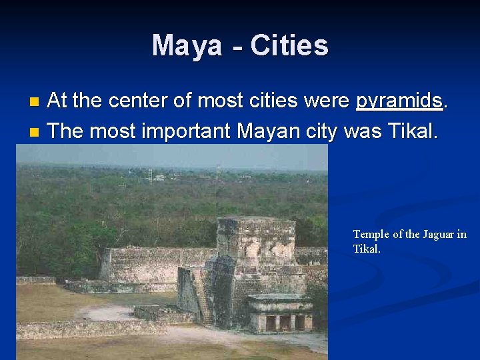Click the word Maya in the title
pos(187,46)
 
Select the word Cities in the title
pos(289,46)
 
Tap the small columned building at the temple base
pos(279,313)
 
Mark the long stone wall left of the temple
pos(157,264)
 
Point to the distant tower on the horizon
pos(150,174)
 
